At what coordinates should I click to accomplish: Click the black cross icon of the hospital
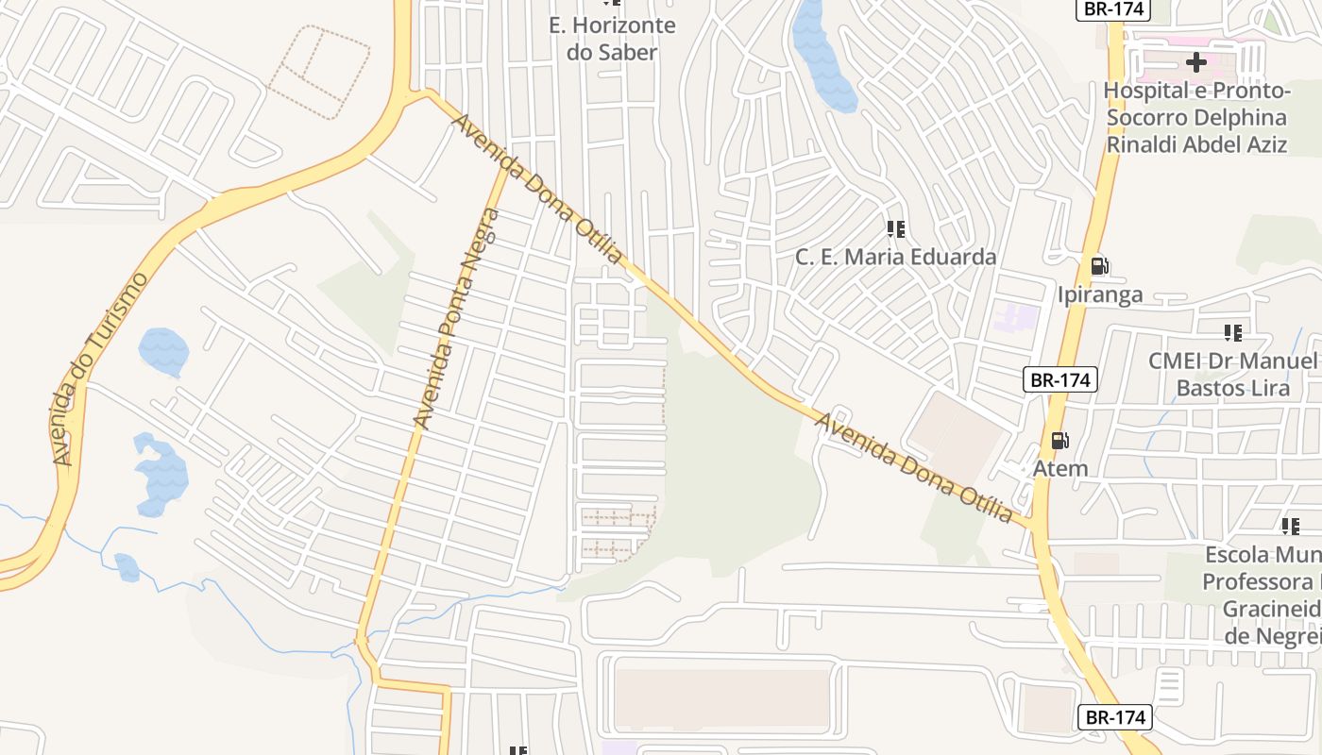click(x=1196, y=63)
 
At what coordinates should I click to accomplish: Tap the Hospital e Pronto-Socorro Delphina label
click(x=1196, y=118)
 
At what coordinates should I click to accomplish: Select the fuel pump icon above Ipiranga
click(x=1099, y=266)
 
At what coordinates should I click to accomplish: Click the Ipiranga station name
click(x=1100, y=294)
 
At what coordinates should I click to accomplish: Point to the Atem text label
click(x=1060, y=468)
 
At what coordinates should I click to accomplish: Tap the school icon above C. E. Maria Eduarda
click(x=896, y=228)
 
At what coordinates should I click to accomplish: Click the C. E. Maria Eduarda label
click(x=895, y=257)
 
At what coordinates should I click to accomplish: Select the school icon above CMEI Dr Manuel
click(x=1232, y=332)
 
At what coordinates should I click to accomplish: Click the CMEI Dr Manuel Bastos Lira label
click(x=1232, y=375)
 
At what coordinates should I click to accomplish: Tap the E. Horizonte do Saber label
click(x=612, y=39)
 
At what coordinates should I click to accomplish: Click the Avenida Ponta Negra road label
click(x=457, y=319)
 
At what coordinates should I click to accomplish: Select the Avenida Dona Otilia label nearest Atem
click(x=914, y=467)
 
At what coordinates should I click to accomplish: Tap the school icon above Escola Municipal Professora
click(x=1290, y=526)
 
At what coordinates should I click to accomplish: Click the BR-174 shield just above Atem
click(x=1060, y=380)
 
